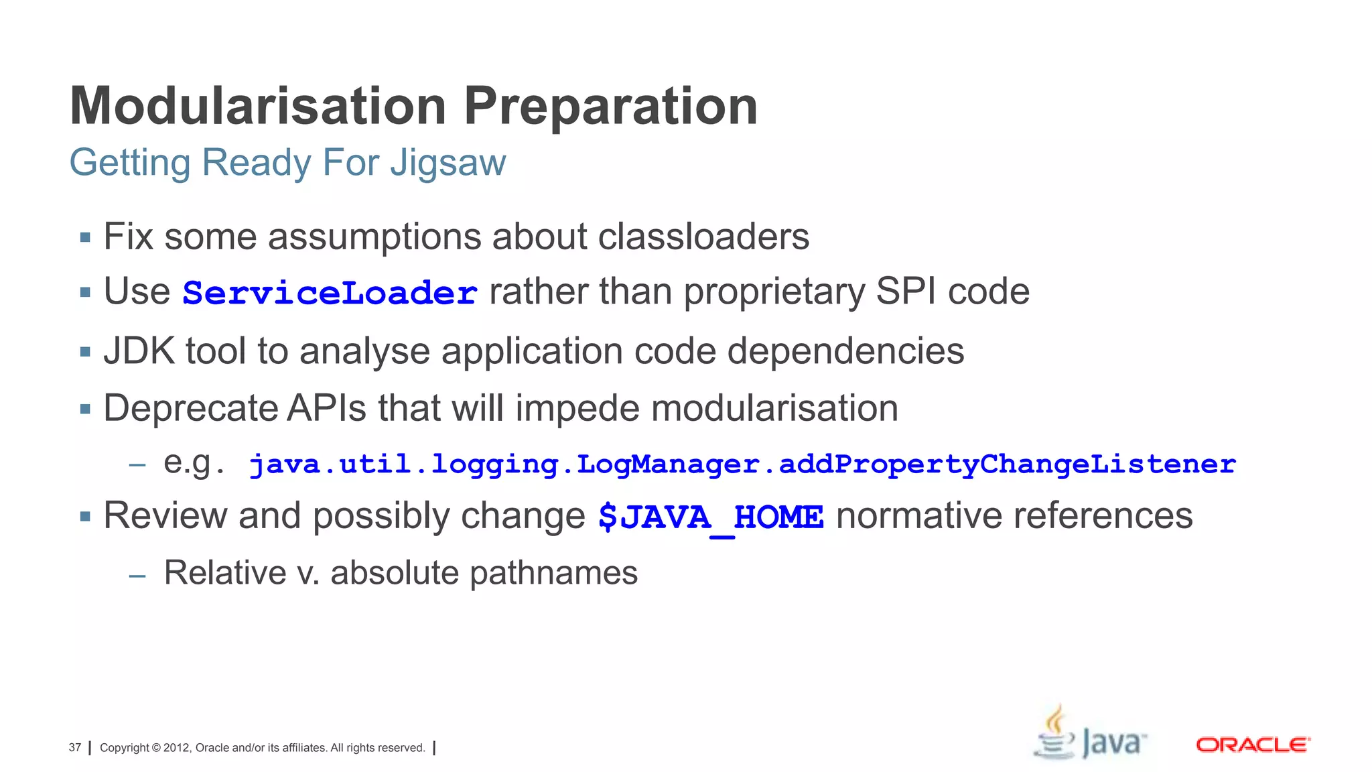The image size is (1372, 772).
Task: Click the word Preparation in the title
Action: click(x=610, y=107)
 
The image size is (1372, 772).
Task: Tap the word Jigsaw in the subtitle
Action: click(x=448, y=163)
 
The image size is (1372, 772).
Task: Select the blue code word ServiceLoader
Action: click(x=330, y=294)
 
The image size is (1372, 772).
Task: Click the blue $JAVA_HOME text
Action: click(x=711, y=517)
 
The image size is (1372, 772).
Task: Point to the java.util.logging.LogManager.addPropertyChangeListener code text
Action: click(x=742, y=464)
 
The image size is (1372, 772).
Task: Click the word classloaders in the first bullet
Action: click(x=703, y=237)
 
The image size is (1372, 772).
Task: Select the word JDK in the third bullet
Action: click(x=139, y=351)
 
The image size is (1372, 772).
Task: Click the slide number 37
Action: click(x=75, y=747)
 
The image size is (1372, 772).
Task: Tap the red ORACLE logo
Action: click(x=1253, y=745)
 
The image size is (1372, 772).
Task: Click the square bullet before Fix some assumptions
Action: click(x=85, y=237)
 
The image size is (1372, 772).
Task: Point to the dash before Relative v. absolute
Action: click(x=137, y=575)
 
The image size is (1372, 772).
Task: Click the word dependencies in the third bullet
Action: click(x=845, y=351)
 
